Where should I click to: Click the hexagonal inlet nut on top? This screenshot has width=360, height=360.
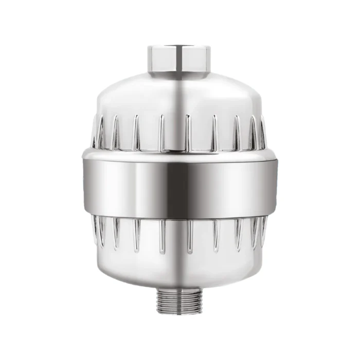(180, 58)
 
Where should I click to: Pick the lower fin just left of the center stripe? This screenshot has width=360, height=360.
(162, 234)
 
